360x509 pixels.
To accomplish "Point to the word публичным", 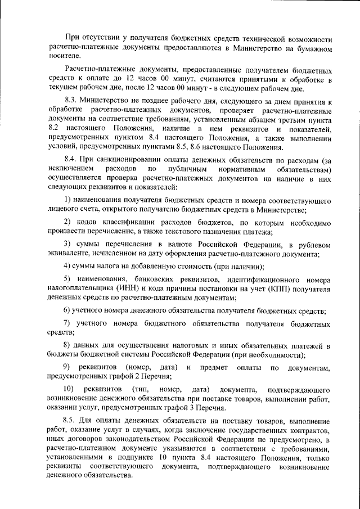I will (187, 169).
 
